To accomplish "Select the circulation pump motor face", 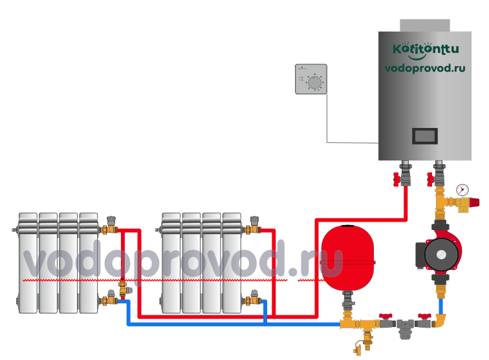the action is click(x=441, y=255).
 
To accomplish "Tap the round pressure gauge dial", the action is click(x=462, y=190).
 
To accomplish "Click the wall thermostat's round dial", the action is click(x=314, y=82).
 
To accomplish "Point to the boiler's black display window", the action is click(x=425, y=136).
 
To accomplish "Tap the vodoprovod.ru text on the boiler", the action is click(x=425, y=69).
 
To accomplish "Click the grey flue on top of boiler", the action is click(x=425, y=25).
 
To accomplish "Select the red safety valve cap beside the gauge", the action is click(x=474, y=202).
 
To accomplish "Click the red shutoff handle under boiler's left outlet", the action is click(x=397, y=180).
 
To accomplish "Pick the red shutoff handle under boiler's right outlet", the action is click(x=430, y=180).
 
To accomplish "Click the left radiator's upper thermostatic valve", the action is click(x=109, y=226).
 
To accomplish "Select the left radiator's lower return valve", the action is click(x=109, y=299).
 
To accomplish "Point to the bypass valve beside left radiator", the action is click(x=124, y=288).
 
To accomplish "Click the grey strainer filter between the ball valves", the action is click(x=405, y=328).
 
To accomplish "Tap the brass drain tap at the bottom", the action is click(x=364, y=343).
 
